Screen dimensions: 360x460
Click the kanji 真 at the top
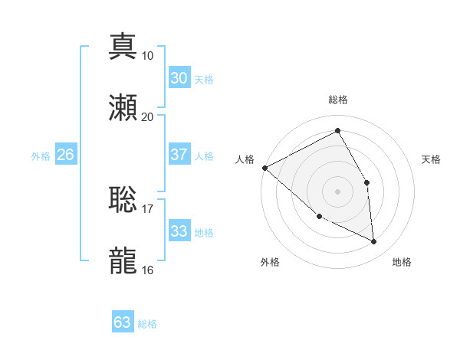click(x=123, y=46)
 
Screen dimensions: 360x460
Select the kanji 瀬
click(x=123, y=107)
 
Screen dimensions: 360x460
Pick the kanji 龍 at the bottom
click(x=123, y=260)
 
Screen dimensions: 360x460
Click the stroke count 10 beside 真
click(x=148, y=55)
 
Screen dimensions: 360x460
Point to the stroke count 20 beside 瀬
click(x=148, y=116)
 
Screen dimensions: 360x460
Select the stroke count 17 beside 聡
click(x=148, y=208)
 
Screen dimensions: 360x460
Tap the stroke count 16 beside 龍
click(x=148, y=270)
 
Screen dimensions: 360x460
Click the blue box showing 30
click(x=179, y=78)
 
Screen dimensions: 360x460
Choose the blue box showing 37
click(x=179, y=155)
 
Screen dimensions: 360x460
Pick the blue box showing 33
click(x=179, y=231)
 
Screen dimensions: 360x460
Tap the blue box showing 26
click(x=65, y=155)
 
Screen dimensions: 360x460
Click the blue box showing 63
click(x=123, y=322)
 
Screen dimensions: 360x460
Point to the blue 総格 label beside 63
click(x=147, y=324)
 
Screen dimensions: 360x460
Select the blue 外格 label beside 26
click(x=41, y=156)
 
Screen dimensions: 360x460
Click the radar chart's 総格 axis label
click(x=337, y=100)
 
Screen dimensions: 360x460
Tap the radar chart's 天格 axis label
click(x=432, y=159)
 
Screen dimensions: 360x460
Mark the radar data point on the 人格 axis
click(x=264, y=168)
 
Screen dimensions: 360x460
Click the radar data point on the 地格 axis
click(x=374, y=241)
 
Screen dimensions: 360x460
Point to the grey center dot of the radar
click(x=337, y=191)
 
